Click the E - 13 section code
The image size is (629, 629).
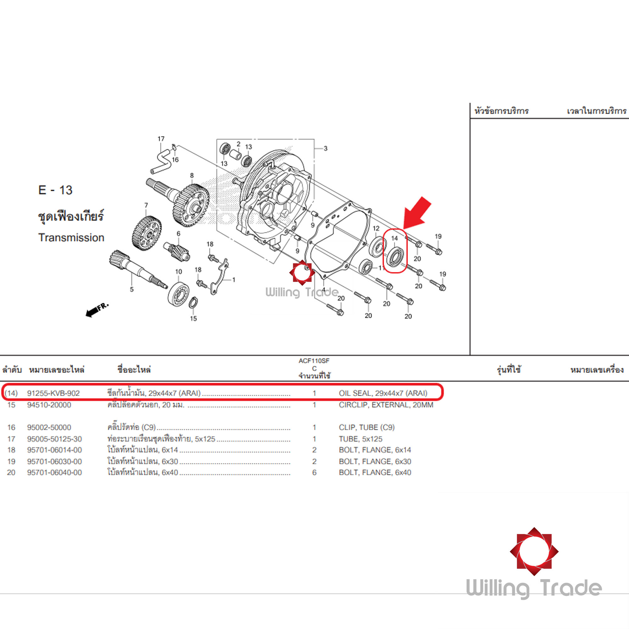point(55,190)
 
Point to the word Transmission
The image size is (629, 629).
point(71,238)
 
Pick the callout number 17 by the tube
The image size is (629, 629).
point(161,139)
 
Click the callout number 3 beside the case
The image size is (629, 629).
point(325,148)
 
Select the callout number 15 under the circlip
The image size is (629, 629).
point(193,318)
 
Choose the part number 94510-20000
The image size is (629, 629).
point(49,405)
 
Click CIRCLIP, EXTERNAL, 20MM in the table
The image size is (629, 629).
point(386,405)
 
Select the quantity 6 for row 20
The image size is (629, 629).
point(314,472)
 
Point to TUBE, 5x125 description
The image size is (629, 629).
point(360,439)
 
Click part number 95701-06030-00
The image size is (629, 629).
point(54,461)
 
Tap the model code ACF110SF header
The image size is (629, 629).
point(314,361)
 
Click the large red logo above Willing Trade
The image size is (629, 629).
point(534,552)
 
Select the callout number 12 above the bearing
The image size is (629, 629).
point(376,229)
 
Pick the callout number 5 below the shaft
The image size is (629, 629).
point(131,289)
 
